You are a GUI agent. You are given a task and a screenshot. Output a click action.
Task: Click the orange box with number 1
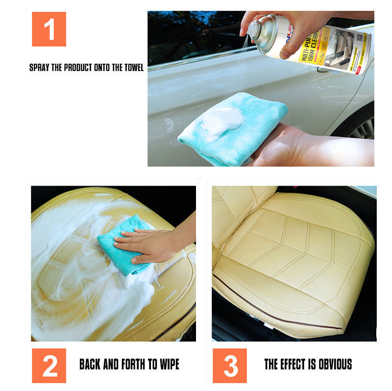tap(49, 29)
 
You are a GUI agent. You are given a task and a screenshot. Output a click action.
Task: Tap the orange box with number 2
tap(49, 366)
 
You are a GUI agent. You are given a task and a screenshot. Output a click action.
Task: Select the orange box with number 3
tap(230, 366)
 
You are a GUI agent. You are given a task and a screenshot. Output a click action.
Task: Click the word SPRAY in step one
tap(39, 68)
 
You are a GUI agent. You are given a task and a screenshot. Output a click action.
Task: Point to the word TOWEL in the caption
tap(133, 68)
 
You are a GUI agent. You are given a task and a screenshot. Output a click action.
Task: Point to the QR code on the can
tap(360, 37)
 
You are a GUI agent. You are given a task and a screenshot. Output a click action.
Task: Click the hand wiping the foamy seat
tap(147, 243)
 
